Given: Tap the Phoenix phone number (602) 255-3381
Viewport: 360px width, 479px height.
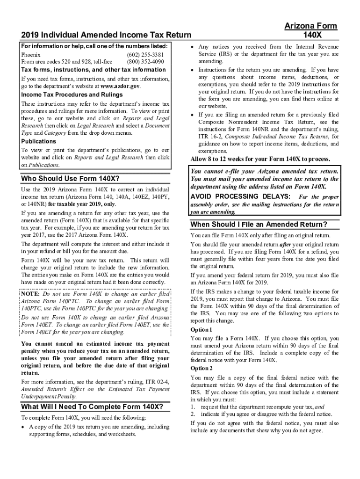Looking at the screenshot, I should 145,55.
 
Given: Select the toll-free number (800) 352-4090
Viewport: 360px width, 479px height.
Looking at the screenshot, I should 145,61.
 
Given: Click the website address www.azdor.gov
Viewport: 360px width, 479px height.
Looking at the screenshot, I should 120,87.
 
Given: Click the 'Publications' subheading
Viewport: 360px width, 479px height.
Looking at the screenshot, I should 39,141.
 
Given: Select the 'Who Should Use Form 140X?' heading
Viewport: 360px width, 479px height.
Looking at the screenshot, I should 71,179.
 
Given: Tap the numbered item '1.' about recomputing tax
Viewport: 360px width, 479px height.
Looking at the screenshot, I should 193,407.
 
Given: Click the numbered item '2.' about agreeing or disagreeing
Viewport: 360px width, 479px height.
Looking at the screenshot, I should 193,414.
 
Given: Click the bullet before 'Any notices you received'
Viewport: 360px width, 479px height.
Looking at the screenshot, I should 193,47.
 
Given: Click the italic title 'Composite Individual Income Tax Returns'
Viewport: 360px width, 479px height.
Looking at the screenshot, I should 274,136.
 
